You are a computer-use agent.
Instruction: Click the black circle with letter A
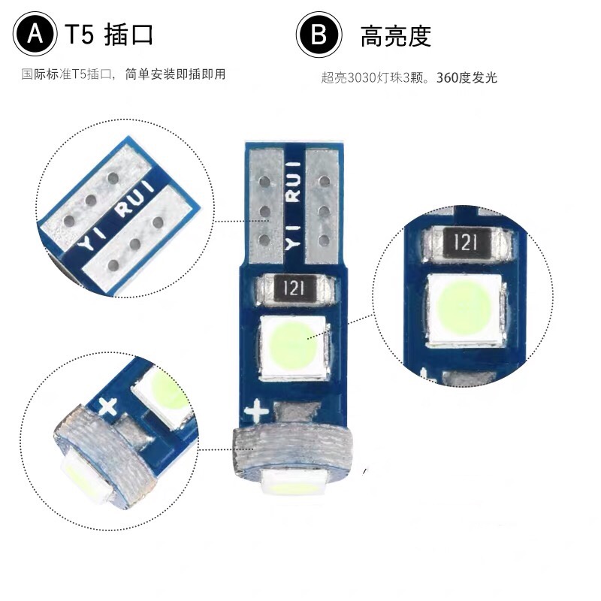(x=35, y=34)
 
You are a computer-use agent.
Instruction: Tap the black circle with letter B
(x=319, y=35)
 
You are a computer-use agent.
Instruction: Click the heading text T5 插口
(x=109, y=35)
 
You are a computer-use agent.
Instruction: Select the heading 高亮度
(x=396, y=36)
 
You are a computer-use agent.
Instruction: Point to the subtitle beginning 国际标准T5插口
(x=123, y=74)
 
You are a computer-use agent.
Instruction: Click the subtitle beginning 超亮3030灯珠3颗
(x=409, y=77)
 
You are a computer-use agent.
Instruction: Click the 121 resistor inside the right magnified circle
(x=466, y=243)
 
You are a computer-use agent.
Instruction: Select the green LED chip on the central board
(x=294, y=347)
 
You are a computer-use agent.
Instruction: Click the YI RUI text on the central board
(x=293, y=205)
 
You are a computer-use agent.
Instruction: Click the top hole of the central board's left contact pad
(x=264, y=181)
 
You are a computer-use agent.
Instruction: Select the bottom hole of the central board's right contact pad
(x=324, y=240)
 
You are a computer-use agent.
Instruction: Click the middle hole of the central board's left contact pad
(x=264, y=211)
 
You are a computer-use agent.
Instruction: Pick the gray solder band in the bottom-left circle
(x=105, y=455)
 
